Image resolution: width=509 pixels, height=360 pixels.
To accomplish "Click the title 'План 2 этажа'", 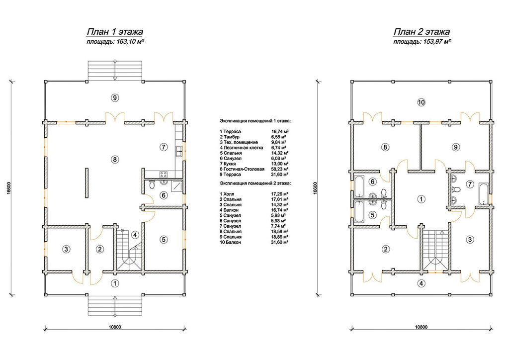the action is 422,32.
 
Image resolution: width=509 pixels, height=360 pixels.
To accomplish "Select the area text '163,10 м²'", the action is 130,42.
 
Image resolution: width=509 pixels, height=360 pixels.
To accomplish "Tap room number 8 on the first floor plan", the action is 115,160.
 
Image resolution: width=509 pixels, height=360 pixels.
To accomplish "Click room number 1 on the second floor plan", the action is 421,199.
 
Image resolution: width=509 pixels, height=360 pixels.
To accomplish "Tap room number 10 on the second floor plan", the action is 421,102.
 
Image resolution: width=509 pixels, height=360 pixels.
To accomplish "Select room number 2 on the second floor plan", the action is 385,249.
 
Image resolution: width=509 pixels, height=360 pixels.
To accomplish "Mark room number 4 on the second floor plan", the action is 421,284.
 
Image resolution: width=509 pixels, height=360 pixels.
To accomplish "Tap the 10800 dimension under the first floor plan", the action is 115,327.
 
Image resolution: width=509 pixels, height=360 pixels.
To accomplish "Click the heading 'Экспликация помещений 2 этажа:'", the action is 255,183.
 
